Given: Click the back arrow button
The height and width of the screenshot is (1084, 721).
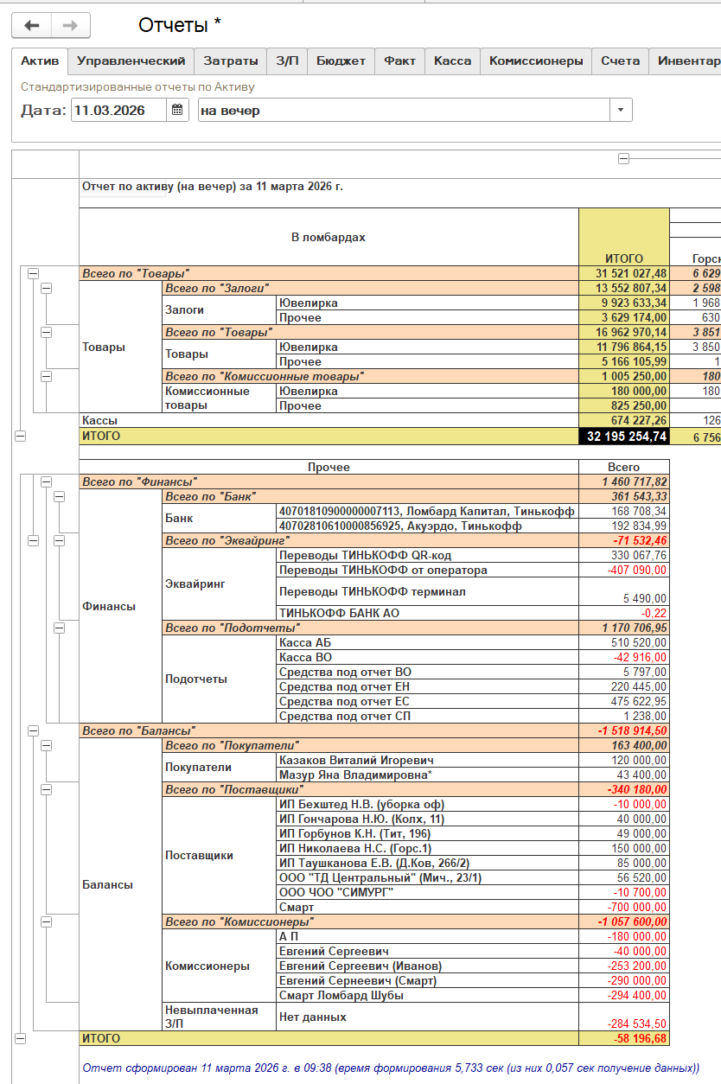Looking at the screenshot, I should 31,26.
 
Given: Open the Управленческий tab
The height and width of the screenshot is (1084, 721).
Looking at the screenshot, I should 131,61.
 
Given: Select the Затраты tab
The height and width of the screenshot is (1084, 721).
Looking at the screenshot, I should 231,61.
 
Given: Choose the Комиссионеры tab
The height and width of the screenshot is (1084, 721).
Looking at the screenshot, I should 535,61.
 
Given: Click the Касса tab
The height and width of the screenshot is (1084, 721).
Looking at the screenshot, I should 452,61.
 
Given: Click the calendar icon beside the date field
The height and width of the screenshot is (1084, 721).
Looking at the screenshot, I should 177,110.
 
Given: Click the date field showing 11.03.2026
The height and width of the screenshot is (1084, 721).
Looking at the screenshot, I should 118,111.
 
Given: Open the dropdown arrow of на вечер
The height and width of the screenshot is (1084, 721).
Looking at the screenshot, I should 621,111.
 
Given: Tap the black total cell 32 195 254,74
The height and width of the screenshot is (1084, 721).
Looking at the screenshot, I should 624,437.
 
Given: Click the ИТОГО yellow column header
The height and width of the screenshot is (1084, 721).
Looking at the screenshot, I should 624,258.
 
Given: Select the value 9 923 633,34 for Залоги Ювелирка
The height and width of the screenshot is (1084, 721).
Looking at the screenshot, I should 624,303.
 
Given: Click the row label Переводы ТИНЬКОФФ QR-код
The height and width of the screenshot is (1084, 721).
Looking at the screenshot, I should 365,556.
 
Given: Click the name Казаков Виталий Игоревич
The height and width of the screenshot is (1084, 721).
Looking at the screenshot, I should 356,761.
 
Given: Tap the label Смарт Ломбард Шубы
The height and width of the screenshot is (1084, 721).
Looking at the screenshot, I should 341,996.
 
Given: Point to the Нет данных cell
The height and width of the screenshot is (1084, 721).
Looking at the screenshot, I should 313,1017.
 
